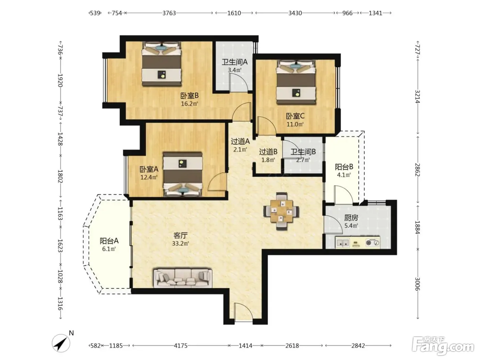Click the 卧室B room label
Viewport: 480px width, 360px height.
tap(189, 96)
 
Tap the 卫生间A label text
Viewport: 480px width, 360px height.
tap(235, 62)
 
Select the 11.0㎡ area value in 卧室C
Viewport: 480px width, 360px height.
tap(295, 124)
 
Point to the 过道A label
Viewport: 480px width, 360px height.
tap(240, 142)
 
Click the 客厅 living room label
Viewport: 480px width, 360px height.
tap(180, 236)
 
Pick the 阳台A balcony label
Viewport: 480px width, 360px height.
tap(109, 241)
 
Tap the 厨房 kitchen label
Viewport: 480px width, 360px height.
tap(351, 218)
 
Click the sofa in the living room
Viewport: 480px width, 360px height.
tap(183, 278)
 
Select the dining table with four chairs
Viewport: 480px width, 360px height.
tap(281, 211)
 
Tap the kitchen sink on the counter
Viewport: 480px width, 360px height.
tap(343, 243)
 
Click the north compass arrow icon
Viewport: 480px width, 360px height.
tap(61, 343)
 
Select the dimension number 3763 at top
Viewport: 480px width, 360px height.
tap(169, 13)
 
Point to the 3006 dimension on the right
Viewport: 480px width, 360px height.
tap(418, 284)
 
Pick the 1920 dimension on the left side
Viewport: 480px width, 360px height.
tap(60, 81)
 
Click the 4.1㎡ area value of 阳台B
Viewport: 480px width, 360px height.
tap(344, 175)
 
